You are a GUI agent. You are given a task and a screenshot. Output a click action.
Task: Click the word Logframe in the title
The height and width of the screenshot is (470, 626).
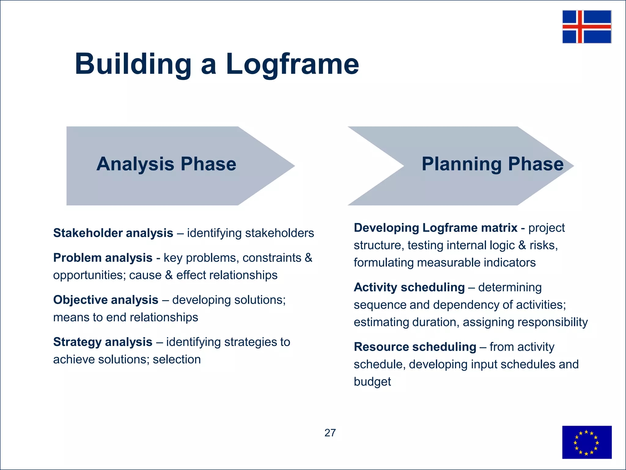292,64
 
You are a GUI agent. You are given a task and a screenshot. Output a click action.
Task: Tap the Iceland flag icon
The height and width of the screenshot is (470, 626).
587,27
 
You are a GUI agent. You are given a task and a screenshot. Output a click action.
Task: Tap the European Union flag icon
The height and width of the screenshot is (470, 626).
587,442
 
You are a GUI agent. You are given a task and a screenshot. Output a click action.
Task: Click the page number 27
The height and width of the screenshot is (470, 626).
330,433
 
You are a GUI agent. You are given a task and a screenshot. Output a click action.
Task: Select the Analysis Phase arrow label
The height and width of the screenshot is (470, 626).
166,164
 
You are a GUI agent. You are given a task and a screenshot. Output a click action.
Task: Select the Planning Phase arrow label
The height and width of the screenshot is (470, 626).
492,164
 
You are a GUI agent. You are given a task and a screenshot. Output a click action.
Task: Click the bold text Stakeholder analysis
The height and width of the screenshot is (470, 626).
113,233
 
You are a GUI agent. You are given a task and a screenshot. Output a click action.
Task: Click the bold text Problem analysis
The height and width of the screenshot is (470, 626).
103,258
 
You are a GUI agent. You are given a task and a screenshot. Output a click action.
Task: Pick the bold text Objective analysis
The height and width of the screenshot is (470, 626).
106,300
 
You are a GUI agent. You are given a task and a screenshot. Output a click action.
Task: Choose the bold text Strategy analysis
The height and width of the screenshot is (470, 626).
103,342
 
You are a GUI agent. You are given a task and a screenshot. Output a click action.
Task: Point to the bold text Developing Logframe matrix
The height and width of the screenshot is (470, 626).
435,228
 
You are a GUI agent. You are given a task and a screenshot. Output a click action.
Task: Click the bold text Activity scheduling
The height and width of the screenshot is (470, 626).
409,287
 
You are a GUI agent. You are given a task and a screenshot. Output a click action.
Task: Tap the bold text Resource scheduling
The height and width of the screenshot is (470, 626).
415,347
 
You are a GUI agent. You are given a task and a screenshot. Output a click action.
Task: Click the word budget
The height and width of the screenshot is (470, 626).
372,382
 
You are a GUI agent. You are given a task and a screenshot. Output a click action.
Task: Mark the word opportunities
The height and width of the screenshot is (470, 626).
89,275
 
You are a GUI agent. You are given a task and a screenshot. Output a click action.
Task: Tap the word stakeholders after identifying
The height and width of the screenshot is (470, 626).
279,233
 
